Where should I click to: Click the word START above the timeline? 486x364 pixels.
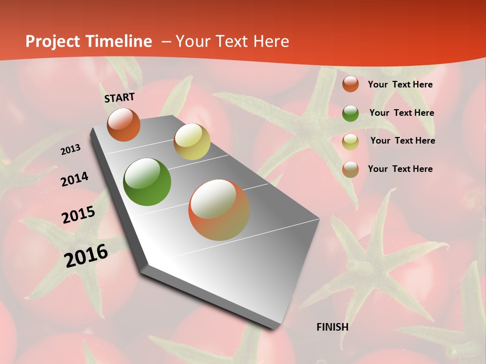tap(119, 98)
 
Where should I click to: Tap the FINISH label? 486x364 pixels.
tap(333, 327)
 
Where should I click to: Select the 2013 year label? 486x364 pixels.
tap(71, 150)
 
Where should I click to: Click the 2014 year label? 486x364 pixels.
tap(74, 179)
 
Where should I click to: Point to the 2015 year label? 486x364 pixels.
tap(78, 215)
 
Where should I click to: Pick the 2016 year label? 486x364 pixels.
tap(86, 256)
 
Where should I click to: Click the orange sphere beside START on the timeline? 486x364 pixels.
tap(124, 125)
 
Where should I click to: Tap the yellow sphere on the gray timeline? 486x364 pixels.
tap(192, 142)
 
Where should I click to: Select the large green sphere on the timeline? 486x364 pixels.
tap(147, 182)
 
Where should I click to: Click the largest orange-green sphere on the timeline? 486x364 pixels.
tap(219, 210)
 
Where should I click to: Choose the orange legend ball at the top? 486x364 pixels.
tap(350, 84)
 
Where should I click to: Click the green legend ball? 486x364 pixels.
tap(350, 113)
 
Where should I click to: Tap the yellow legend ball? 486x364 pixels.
tap(350, 142)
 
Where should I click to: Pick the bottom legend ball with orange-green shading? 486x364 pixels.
tap(350, 169)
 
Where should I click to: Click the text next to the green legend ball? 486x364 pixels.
tap(401, 113)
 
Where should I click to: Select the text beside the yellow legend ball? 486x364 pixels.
tap(402, 141)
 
